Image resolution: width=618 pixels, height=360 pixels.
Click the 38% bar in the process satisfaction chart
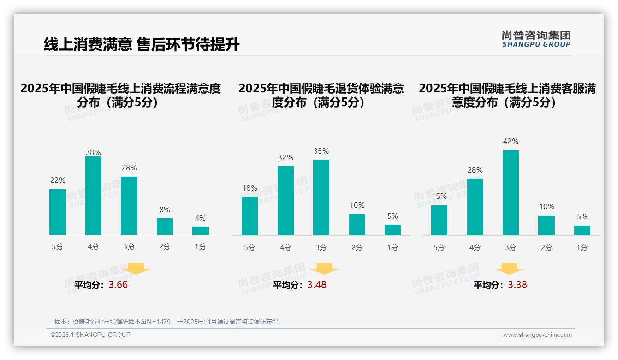point(93,196)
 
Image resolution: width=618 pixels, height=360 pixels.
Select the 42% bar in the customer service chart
point(511,193)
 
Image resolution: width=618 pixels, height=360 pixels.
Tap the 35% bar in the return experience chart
point(321,198)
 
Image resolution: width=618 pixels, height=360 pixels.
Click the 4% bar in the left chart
point(201,231)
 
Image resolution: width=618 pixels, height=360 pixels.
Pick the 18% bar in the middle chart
point(250,216)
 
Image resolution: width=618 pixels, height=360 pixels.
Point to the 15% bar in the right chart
point(439,220)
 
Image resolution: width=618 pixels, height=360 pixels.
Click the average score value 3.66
point(118,285)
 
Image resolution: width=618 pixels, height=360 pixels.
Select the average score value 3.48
point(317,285)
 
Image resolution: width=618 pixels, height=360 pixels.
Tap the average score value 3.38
point(517,285)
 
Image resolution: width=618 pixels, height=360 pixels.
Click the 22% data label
point(58,180)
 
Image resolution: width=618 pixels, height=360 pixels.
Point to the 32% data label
point(285,158)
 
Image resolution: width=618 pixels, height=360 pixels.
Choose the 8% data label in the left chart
point(165,210)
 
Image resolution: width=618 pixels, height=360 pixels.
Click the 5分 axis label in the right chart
point(439,248)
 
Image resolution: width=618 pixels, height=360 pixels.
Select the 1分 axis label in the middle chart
point(392,248)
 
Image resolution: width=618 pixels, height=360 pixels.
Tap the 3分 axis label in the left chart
point(129,247)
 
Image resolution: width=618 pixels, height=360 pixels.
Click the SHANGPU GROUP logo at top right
point(536,39)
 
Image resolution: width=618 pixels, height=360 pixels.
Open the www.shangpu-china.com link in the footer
point(537,335)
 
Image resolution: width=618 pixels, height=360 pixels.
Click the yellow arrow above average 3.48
point(325,269)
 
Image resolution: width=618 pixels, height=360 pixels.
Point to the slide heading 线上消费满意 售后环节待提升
point(142,45)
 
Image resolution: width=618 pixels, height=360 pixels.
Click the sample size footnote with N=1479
point(166,322)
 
